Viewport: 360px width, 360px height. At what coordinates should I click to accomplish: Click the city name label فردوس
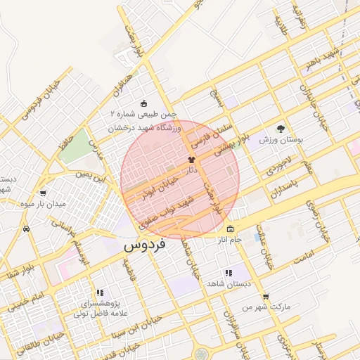pyautogui.click(x=144, y=246)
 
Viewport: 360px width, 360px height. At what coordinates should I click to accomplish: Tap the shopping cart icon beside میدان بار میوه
pyautogui.click(x=44, y=193)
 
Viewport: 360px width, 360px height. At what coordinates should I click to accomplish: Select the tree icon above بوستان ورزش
pyautogui.click(x=281, y=129)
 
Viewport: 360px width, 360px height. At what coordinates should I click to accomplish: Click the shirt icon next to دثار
pyautogui.click(x=191, y=160)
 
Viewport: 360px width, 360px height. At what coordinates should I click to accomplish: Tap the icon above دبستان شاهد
pyautogui.click(x=228, y=272)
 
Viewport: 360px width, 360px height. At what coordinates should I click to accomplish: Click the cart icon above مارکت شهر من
pyautogui.click(x=265, y=297)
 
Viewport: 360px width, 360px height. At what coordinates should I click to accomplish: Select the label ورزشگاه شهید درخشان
pyautogui.click(x=145, y=127)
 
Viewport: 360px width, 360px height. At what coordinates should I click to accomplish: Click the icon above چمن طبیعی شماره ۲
pyautogui.click(x=145, y=103)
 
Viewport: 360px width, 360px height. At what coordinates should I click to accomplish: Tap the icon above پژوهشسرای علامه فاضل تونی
pyautogui.click(x=100, y=292)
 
